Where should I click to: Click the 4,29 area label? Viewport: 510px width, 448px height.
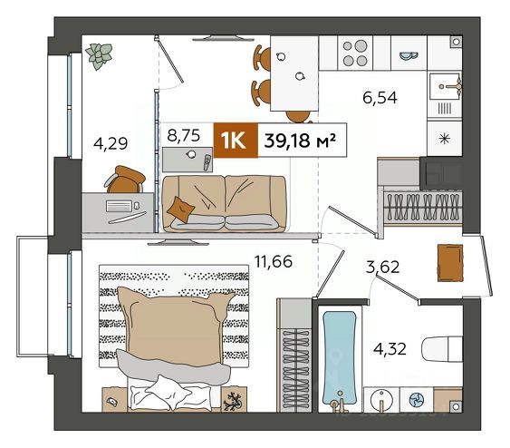pos(111,143)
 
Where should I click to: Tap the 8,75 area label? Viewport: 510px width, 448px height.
pos(184,135)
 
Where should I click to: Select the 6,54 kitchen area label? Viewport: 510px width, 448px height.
pos(380,98)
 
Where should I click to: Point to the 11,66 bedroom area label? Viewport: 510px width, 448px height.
pos(274,261)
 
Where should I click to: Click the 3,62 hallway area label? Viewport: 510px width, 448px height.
pos(382,268)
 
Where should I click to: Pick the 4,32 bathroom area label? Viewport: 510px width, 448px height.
pos(390,349)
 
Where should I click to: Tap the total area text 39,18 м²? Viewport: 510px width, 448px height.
pos(300,141)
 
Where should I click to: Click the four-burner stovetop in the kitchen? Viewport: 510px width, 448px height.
pos(355,54)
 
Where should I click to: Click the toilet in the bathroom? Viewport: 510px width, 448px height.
pos(442,349)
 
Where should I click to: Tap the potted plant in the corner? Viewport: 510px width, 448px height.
pos(99,56)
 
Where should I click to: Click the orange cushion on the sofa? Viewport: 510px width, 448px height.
pos(180,209)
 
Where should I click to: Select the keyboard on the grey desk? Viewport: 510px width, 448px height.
pos(119,206)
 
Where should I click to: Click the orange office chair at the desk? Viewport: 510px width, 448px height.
pos(125,180)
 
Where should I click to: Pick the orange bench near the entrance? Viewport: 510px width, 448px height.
pos(450,263)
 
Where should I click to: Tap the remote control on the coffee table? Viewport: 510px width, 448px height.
pos(207,162)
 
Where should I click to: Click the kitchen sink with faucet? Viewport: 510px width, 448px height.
pos(446,86)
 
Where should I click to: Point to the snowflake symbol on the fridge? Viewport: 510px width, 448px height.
pos(444,139)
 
